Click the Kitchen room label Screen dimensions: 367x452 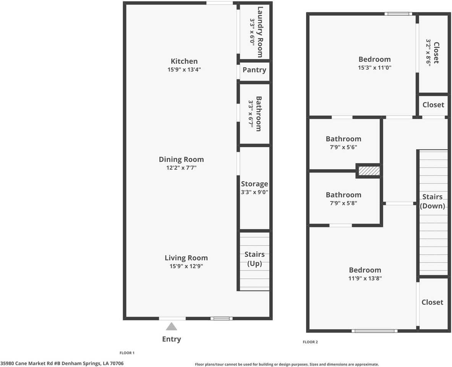[184, 61]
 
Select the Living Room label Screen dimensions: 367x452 [186, 258]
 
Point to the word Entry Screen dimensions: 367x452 [172, 339]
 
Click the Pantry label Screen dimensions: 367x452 [254, 70]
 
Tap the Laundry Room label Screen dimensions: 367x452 [260, 32]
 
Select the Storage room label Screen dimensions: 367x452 [254, 184]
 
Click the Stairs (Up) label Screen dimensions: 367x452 [254, 259]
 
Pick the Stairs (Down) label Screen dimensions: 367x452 [433, 201]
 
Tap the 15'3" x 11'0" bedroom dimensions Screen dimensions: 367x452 [374, 68]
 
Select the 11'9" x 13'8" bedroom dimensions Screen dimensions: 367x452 [365, 278]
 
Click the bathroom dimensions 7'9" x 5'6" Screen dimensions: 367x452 [343, 147]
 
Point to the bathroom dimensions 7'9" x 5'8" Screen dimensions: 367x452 [343, 203]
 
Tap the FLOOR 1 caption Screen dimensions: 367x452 [127, 353]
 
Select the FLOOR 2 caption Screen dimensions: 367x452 [310, 342]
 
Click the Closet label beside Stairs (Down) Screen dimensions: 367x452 [432, 302]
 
